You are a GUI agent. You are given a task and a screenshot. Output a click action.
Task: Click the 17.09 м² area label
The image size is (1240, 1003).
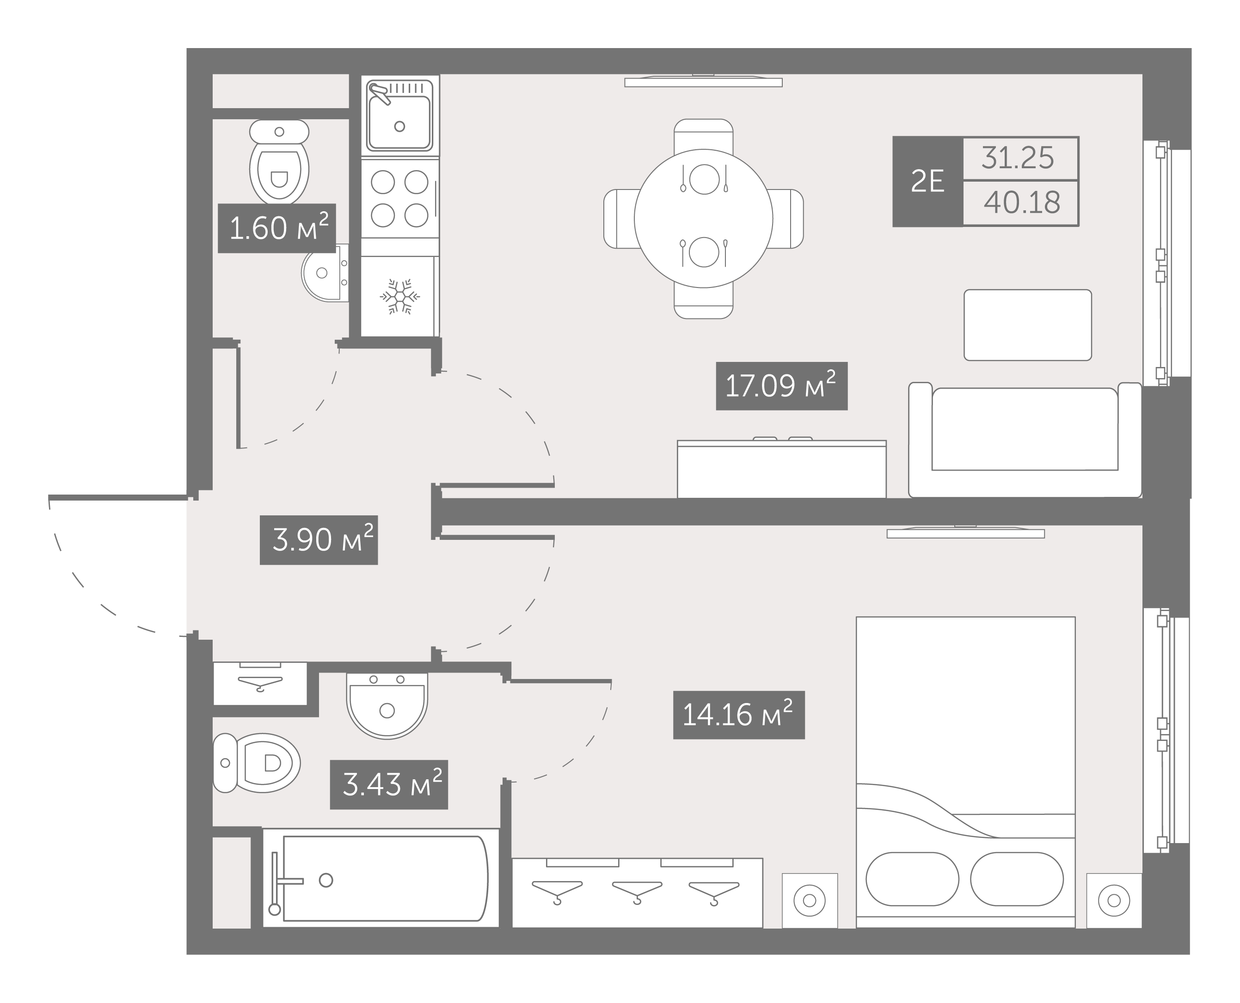(781, 386)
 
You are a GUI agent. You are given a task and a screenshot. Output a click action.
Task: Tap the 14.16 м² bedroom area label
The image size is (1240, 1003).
(738, 715)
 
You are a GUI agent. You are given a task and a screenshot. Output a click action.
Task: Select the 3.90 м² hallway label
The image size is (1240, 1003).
(319, 540)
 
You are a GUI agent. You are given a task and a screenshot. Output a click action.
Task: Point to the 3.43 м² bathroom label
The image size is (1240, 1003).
(389, 784)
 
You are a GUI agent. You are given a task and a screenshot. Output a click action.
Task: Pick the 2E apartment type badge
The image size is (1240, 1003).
(927, 181)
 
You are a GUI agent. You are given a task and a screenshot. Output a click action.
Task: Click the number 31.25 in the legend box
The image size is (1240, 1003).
(1018, 158)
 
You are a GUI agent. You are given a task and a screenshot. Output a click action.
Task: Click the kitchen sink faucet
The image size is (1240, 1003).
(379, 93)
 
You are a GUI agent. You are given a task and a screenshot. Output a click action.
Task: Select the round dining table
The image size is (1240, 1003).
(703, 218)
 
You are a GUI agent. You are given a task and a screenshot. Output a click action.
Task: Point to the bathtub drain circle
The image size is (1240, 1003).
(326, 880)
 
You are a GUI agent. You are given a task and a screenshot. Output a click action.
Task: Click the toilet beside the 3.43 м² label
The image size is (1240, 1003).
(257, 763)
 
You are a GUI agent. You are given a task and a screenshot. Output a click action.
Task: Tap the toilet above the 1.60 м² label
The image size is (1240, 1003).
(279, 162)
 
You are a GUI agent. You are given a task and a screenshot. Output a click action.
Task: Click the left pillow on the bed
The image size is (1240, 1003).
(912, 879)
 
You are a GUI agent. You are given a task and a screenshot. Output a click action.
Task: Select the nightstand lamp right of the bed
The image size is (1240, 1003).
(1114, 900)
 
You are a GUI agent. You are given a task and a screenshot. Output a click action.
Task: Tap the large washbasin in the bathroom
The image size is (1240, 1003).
(387, 705)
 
